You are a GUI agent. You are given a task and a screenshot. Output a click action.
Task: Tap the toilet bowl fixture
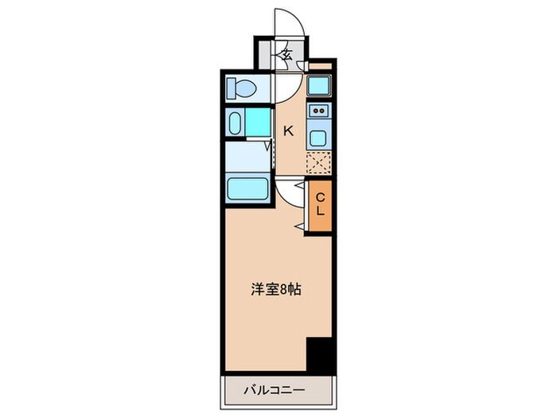[240, 87]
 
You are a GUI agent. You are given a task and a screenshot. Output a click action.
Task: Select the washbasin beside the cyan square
[235, 123]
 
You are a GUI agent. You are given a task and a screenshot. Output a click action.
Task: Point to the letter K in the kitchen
[289, 131]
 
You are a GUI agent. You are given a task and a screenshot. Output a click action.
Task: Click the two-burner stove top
[318, 111]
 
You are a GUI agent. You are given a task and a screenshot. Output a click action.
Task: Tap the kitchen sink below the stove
[318, 136]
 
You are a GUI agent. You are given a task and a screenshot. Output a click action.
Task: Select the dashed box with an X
[318, 162]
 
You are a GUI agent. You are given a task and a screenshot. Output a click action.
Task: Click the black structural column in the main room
[319, 355]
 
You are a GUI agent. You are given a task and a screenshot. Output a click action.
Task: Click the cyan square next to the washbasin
[258, 123]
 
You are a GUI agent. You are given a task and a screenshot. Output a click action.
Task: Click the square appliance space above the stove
[319, 86]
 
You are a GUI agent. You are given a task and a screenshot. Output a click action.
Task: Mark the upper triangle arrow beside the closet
[298, 185]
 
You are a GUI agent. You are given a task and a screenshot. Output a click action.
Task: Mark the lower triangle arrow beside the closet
[298, 229]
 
